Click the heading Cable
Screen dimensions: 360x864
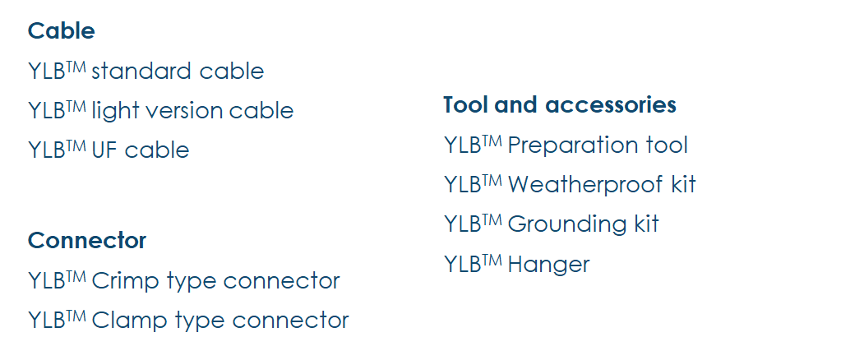61,31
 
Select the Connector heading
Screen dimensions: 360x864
87,241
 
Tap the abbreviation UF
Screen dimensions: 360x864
104,150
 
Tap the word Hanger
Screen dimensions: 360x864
548,265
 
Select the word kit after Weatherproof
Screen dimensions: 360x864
683,185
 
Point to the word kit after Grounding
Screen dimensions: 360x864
646,224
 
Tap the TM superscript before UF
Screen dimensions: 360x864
76,145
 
